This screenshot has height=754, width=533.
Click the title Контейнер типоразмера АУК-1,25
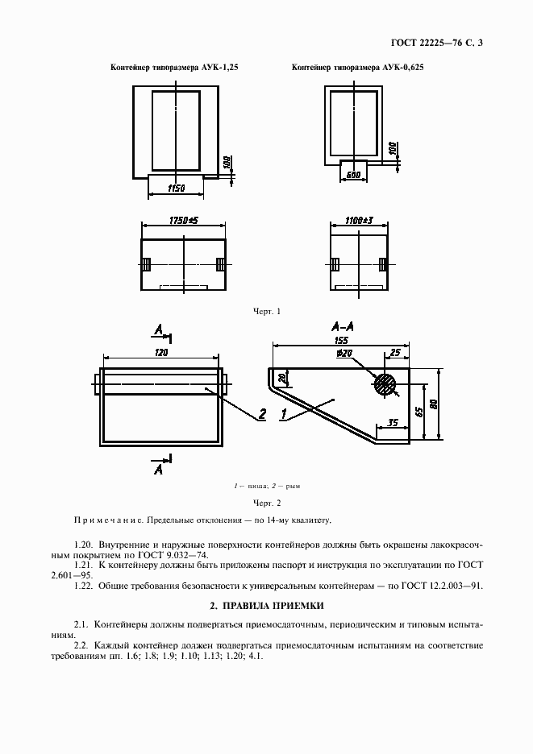tap(174, 68)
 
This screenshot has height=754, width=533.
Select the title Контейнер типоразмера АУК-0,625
tap(357, 68)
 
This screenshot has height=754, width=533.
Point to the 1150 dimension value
tap(177, 188)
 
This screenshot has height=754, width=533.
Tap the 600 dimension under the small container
tap(352, 174)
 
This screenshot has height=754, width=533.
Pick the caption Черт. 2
tap(266, 502)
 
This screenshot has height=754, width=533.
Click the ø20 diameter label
tap(346, 353)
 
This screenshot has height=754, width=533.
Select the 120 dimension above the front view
tap(161, 353)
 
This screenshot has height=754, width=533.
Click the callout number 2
tap(262, 415)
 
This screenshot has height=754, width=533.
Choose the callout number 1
tap(284, 415)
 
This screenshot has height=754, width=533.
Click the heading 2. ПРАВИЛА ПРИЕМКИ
tap(266, 604)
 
